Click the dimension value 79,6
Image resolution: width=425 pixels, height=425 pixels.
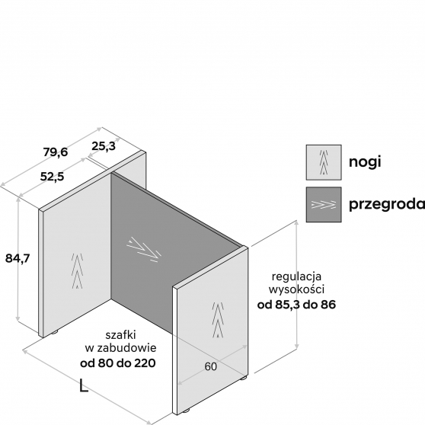tap(56, 152)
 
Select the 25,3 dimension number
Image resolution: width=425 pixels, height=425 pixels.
tap(104, 146)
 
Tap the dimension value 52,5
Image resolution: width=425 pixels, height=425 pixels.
tap(52, 177)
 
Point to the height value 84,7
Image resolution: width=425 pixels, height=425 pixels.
tap(18, 258)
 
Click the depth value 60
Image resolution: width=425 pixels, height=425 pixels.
tap(211, 366)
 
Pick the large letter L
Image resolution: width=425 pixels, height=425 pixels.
tap(84, 385)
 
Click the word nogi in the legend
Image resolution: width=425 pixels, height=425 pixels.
tap(365, 162)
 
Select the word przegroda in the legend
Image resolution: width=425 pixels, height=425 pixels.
tap(387, 204)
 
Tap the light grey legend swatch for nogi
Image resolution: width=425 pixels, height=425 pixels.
tap(324, 162)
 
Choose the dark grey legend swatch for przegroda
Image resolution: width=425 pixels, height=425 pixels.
tap(324, 204)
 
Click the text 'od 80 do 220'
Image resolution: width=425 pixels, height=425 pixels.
tap(118, 363)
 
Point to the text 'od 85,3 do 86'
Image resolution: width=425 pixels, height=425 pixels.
tap(296, 305)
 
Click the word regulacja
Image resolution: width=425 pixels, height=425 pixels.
tap(296, 277)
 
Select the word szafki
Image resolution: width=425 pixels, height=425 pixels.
tap(120, 335)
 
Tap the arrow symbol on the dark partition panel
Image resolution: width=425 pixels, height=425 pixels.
tap(144, 250)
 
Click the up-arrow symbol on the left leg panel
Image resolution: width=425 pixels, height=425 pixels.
tap(77, 271)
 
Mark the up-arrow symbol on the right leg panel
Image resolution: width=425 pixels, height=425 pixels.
tap(218, 320)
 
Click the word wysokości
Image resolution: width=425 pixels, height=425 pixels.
tap(296, 289)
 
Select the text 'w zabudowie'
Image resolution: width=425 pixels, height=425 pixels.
tap(120, 348)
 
